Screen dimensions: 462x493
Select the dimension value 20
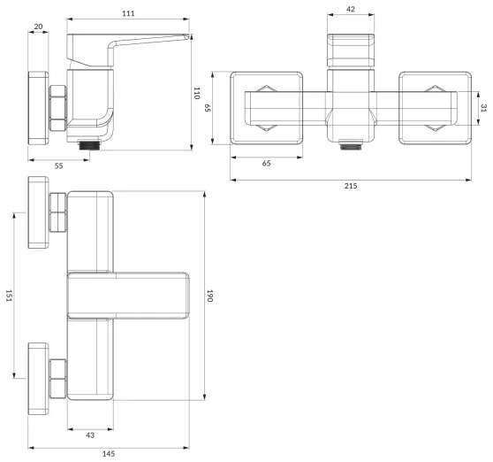click(39, 26)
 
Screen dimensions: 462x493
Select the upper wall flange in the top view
click(39, 213)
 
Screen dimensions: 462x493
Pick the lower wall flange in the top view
click(39, 377)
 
